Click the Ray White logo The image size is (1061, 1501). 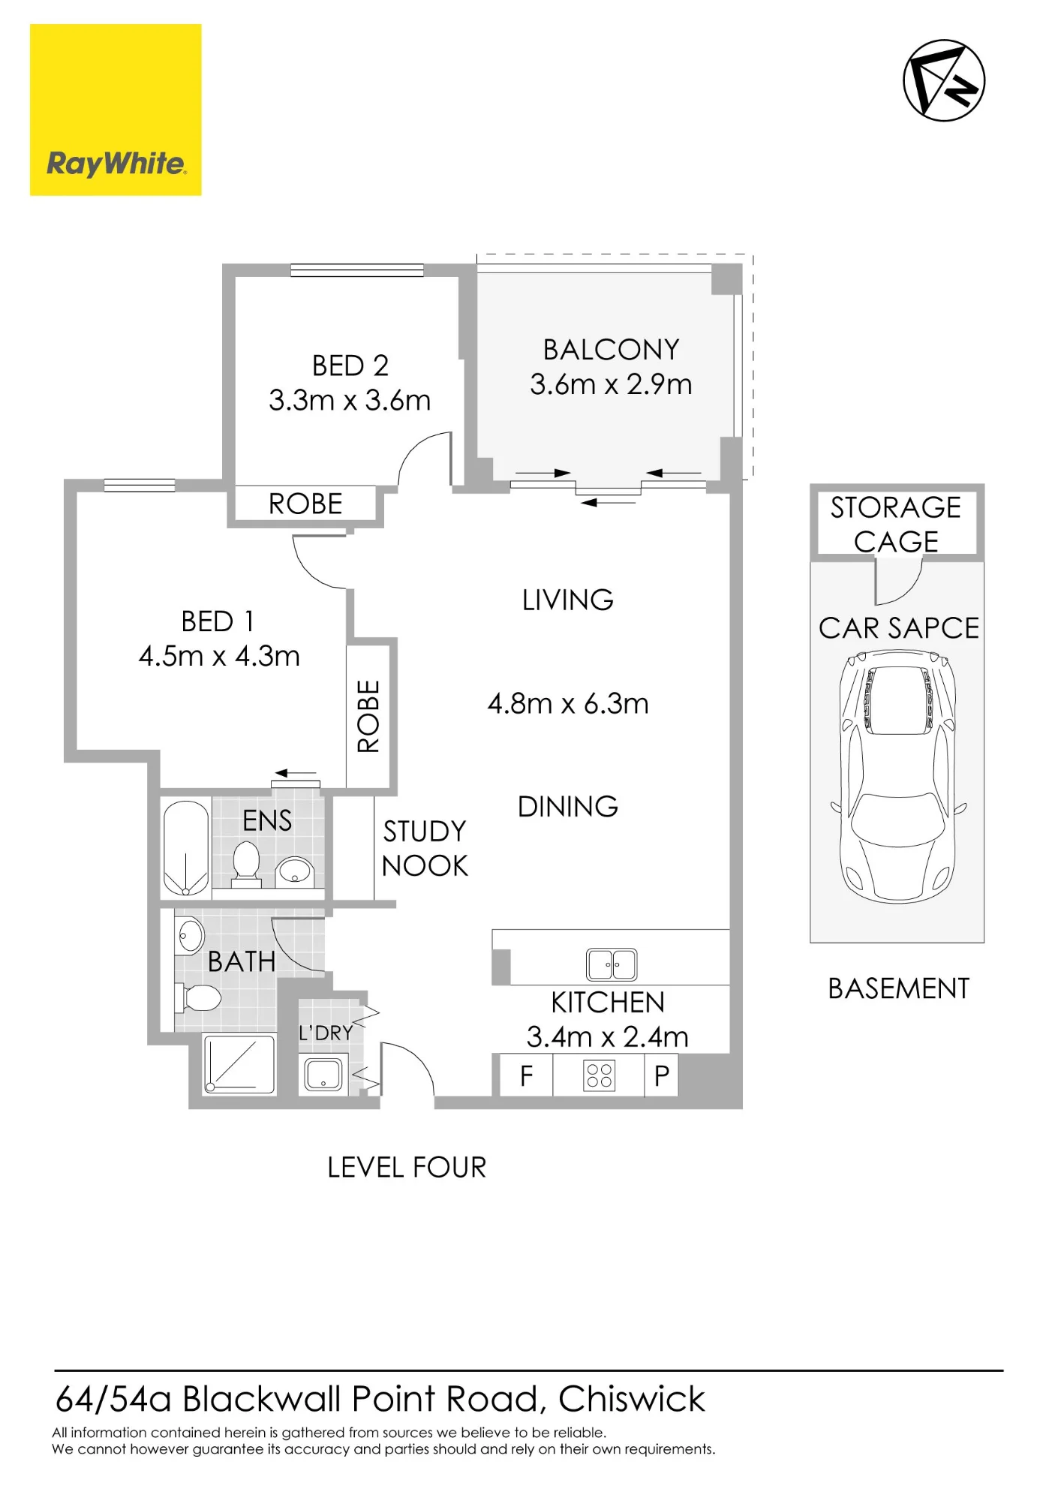tap(116, 110)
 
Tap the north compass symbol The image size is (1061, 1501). tap(943, 80)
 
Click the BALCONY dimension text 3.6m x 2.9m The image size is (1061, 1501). tap(611, 384)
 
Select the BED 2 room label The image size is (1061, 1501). tap(350, 365)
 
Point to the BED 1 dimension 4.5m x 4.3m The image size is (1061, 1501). tap(219, 656)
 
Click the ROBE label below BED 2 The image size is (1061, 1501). tap(305, 504)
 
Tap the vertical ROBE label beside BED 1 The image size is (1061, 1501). tap(368, 716)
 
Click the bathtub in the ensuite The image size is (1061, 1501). tap(186, 848)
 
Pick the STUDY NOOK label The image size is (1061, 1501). tap(425, 848)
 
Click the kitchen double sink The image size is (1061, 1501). tap(612, 964)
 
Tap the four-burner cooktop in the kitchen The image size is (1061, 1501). tap(599, 1075)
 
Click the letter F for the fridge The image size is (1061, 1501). tap(527, 1075)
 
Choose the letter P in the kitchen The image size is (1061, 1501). tap(662, 1075)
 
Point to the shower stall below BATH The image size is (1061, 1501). tap(240, 1064)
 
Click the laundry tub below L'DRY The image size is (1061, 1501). tap(323, 1074)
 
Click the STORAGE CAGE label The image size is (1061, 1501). tap(896, 524)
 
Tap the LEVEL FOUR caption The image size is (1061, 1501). tap(407, 1167)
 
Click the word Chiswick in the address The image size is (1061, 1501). tap(632, 1399)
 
